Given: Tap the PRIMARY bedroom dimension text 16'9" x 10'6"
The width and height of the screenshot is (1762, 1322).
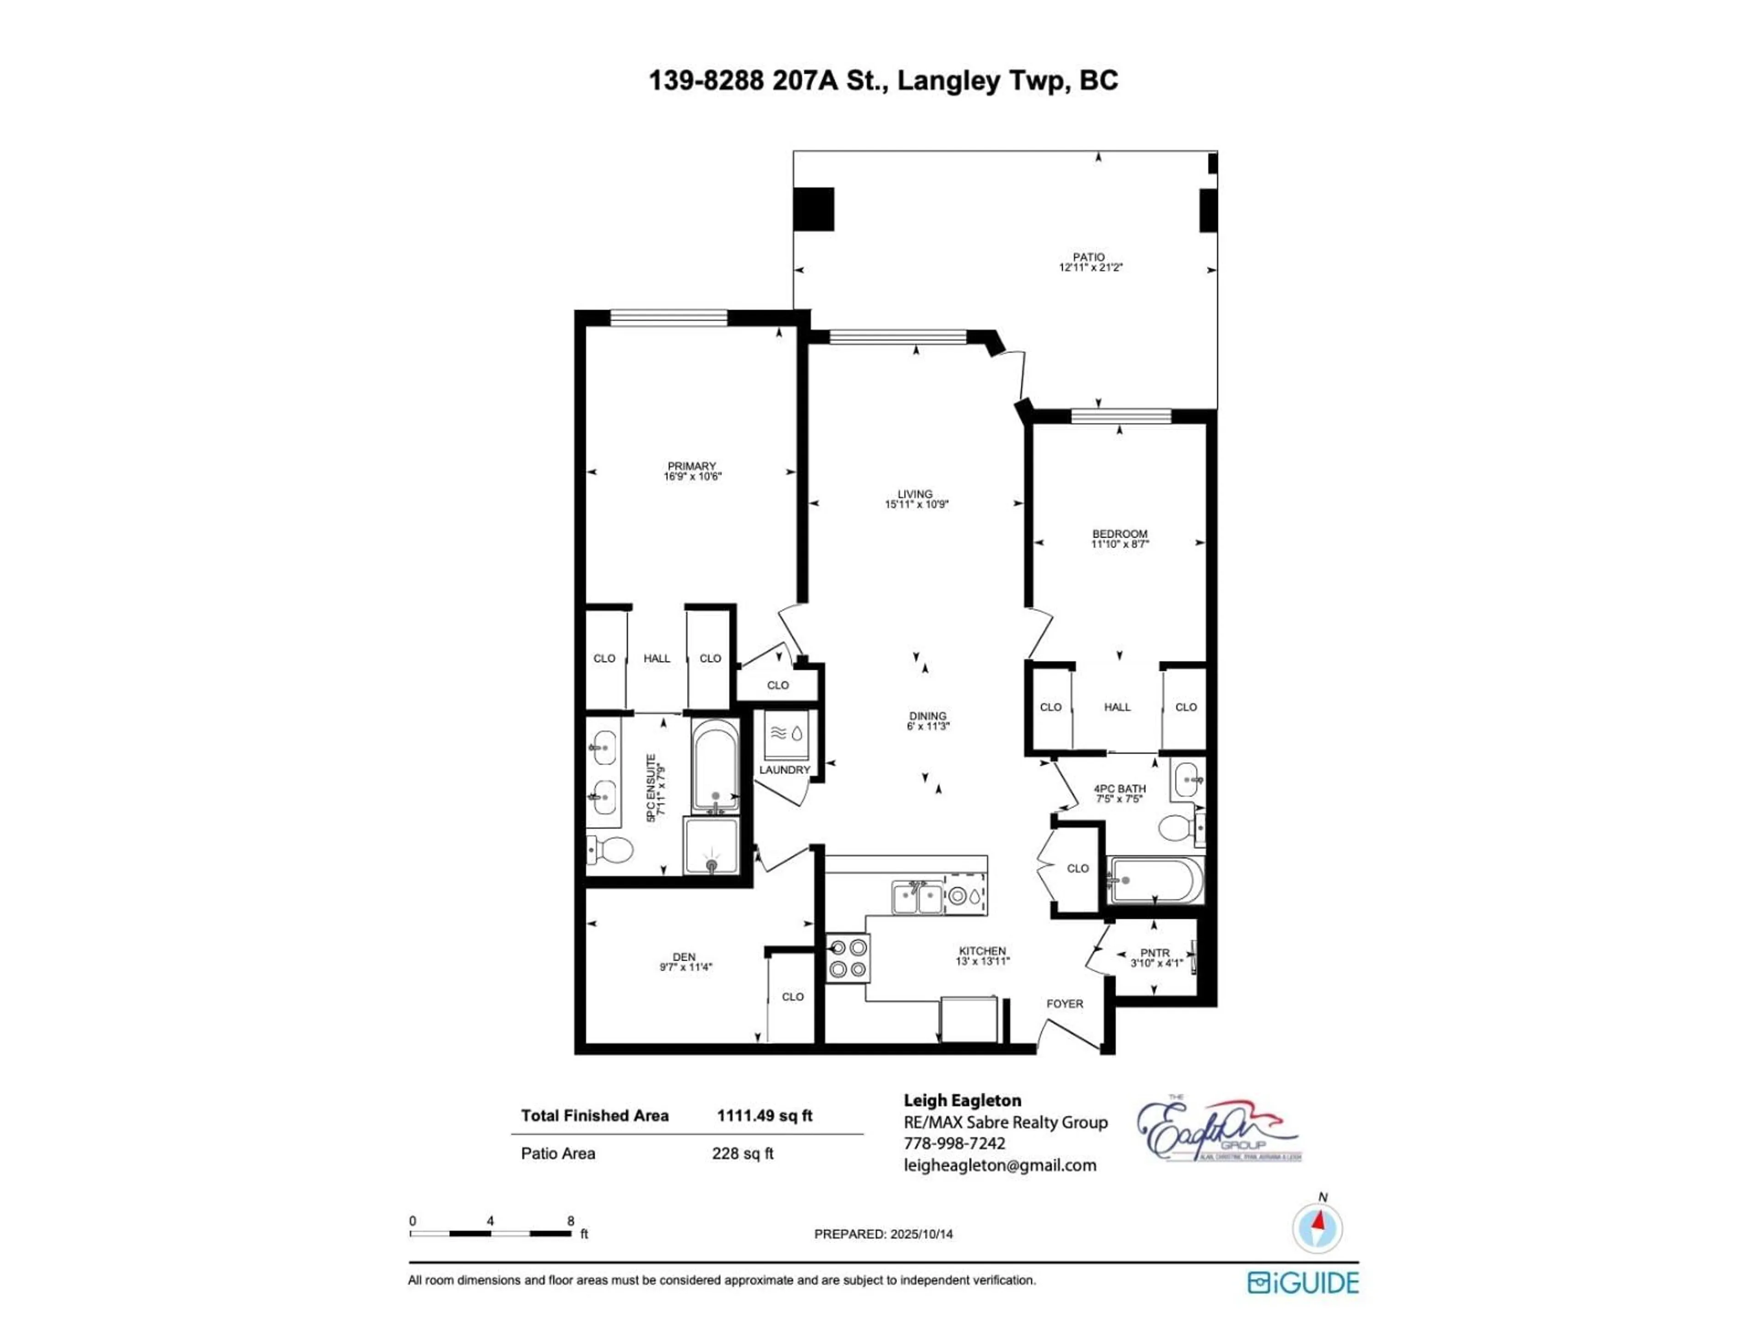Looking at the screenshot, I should click(x=692, y=476).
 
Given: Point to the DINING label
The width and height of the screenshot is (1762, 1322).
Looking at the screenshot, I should click(x=927, y=716).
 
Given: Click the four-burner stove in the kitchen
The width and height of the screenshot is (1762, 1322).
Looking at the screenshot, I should click(x=848, y=958).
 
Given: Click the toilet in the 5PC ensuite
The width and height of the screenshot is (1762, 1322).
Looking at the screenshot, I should click(x=611, y=850).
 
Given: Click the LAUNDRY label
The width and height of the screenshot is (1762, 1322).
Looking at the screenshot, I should click(x=784, y=770).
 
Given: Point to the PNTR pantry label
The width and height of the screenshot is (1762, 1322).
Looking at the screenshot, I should click(x=1154, y=952).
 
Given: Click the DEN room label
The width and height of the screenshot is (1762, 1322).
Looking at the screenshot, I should click(x=683, y=957).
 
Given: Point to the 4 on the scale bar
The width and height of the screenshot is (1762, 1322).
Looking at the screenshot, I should click(x=490, y=1221).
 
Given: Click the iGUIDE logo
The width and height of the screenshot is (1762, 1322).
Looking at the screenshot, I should click(x=1303, y=1282).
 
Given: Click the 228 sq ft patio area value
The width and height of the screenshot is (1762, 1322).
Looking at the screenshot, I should click(x=742, y=1153).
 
